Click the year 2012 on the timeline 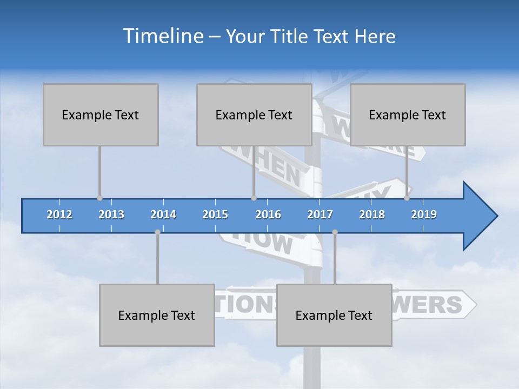(x=59, y=214)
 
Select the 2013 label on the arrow (x=111, y=214)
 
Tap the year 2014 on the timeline (x=163, y=214)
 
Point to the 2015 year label (x=215, y=214)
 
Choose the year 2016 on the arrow (x=268, y=214)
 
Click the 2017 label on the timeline (x=320, y=214)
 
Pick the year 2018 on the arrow (x=372, y=214)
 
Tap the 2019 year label (x=424, y=214)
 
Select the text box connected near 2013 (x=101, y=115)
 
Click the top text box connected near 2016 (x=254, y=115)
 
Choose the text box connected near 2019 (x=408, y=115)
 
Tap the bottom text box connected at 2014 (x=157, y=315)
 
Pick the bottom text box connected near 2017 (x=334, y=315)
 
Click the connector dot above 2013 (x=99, y=198)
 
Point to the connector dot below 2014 (x=157, y=232)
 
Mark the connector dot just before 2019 (x=407, y=198)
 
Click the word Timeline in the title (x=162, y=36)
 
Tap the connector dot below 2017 (x=335, y=232)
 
